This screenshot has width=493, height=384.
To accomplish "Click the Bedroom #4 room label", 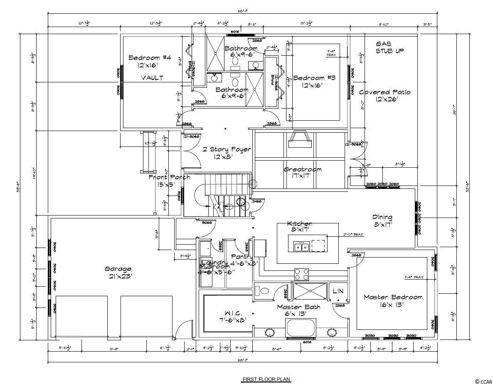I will [150, 61].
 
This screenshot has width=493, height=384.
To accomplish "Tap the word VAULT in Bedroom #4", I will [152, 78].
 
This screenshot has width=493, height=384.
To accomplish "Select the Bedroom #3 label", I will [314, 82].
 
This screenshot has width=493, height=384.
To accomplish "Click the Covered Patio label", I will [385, 96].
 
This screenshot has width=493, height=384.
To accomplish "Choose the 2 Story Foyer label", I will [227, 153].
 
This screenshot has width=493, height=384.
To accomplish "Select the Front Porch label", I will [170, 181].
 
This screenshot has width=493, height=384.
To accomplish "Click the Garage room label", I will [118, 273].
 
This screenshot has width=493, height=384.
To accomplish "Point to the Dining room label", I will [382, 220].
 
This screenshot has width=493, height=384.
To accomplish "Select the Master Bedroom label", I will [393, 300].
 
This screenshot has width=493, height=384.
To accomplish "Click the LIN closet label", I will [338, 292].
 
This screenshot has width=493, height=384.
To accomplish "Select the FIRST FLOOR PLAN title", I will [266, 379].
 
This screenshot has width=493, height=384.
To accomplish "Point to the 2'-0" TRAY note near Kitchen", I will [353, 235].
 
